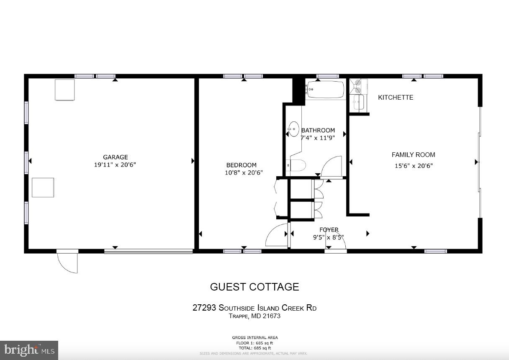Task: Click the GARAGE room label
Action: (115, 157)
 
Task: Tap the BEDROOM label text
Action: (242, 165)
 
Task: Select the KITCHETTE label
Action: (396, 98)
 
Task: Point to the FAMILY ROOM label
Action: (413, 155)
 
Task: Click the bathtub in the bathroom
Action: (326, 90)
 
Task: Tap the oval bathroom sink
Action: (294, 129)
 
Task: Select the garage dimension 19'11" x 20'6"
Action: (115, 165)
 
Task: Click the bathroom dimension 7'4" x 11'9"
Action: (318, 137)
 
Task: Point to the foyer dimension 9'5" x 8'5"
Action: (329, 237)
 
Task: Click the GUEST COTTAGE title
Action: (254, 287)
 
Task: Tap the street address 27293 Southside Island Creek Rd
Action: (254, 308)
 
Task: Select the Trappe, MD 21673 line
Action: (254, 316)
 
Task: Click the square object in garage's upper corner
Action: (64, 90)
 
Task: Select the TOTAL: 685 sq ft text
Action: (254, 348)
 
